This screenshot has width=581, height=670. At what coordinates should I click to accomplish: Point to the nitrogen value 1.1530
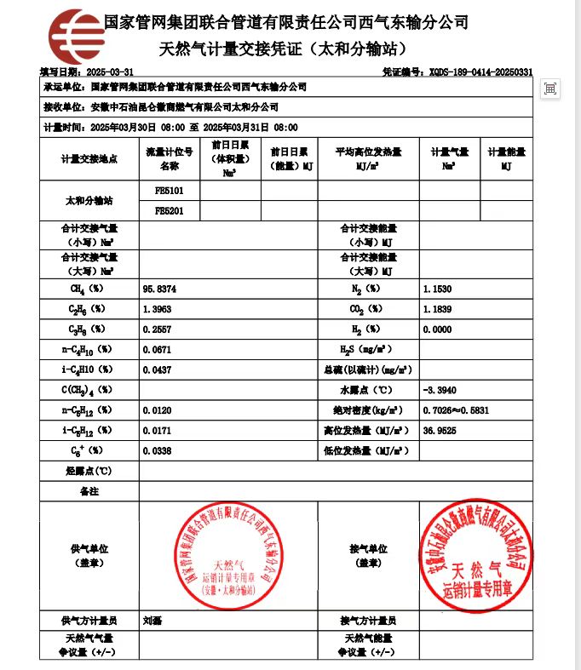pyautogui.click(x=437, y=289)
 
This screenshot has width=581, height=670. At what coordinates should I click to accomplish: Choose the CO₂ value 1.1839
pyautogui.click(x=437, y=309)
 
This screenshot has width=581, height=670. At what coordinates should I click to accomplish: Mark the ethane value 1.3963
pyautogui.click(x=159, y=309)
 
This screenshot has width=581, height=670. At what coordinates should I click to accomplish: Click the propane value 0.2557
pyautogui.click(x=159, y=329)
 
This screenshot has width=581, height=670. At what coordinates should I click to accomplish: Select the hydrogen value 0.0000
pyautogui.click(x=437, y=329)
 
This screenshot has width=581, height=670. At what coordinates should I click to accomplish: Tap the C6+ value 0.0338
pyautogui.click(x=159, y=450)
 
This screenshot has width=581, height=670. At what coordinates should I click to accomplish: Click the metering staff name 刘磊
pyautogui.click(x=152, y=621)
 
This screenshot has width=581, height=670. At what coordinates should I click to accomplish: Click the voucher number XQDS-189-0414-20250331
pyautogui.click(x=481, y=72)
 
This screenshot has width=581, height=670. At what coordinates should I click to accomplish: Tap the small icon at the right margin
pyautogui.click(x=551, y=89)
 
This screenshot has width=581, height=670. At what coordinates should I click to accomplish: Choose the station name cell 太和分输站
pyautogui.click(x=89, y=201)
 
